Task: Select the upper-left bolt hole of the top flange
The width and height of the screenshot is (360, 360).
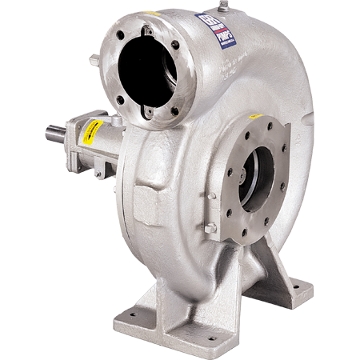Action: (x=118, y=46)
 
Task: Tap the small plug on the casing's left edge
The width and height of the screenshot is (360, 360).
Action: (x=94, y=58)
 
